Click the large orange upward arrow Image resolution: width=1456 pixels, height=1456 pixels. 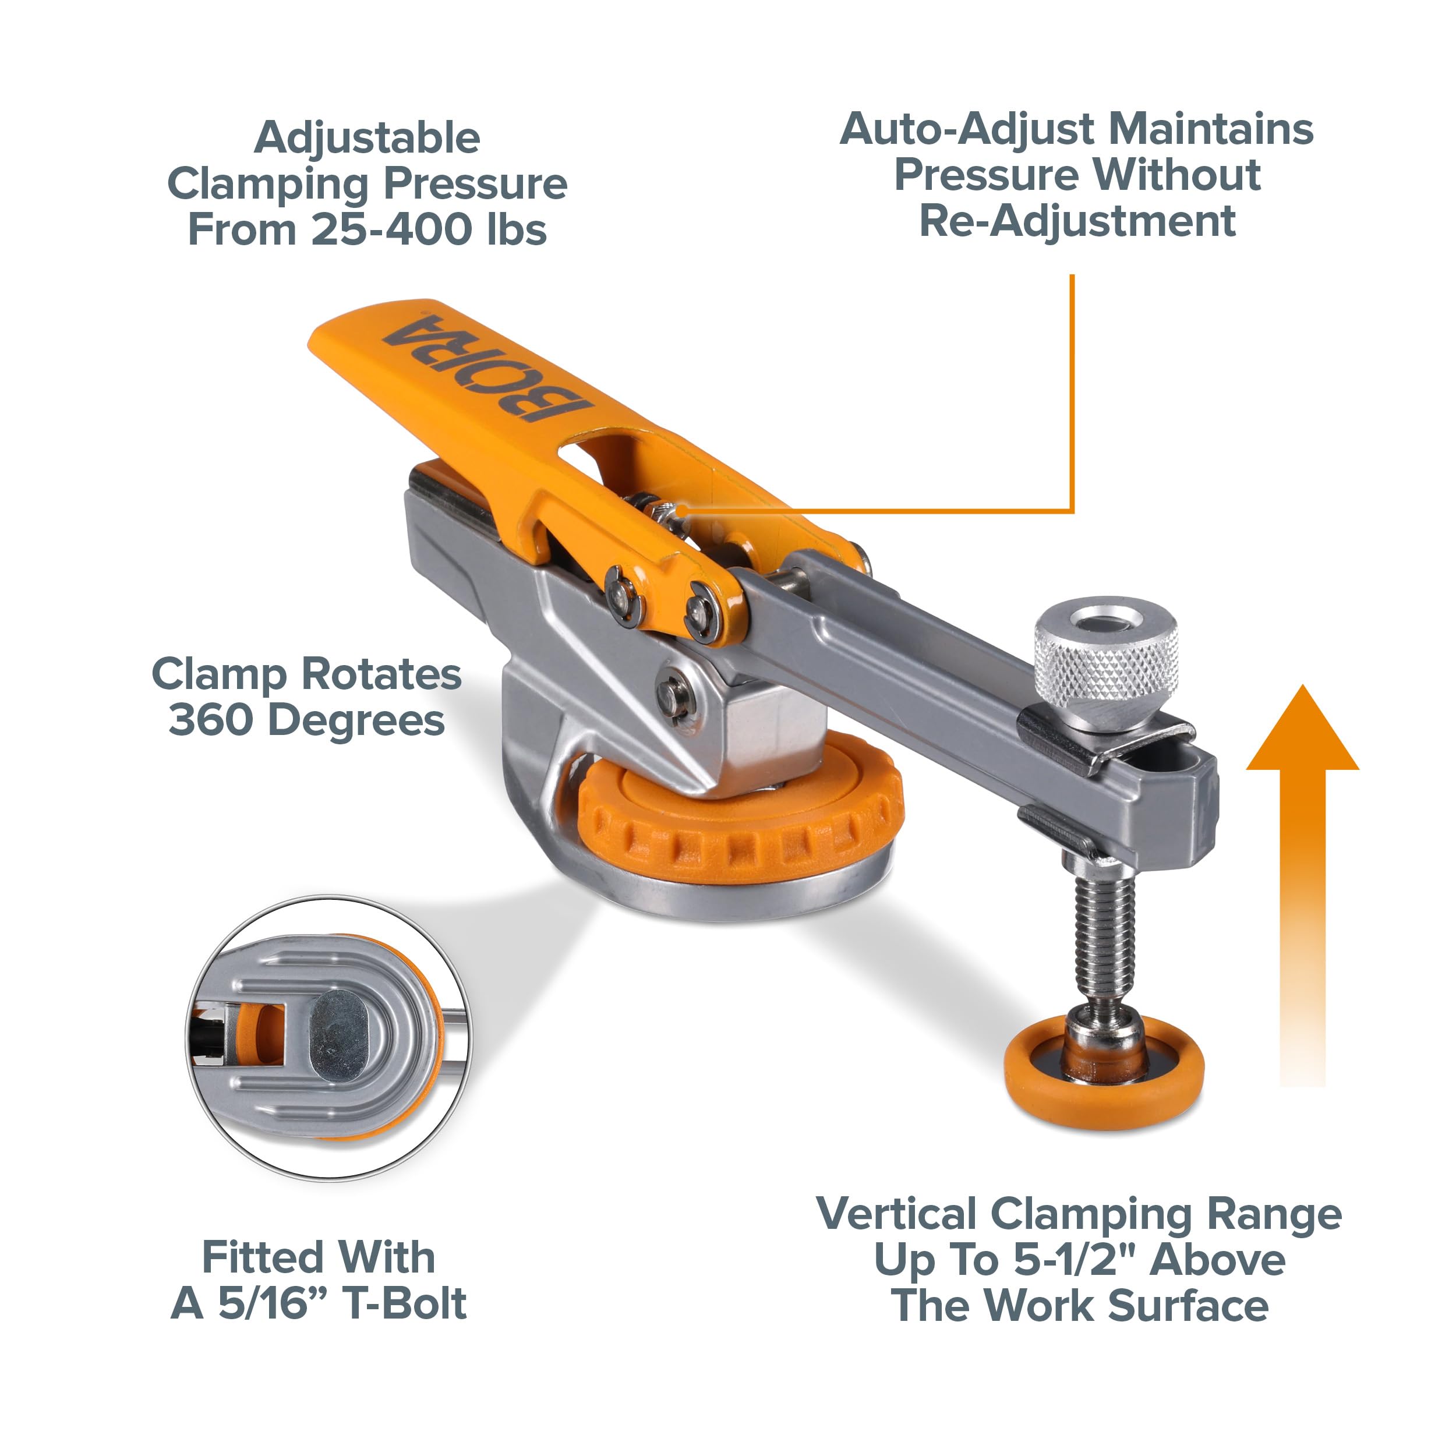[x=1302, y=885]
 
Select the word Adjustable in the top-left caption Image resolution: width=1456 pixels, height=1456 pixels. [x=367, y=139]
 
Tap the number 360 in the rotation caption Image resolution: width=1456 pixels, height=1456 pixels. [x=212, y=720]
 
